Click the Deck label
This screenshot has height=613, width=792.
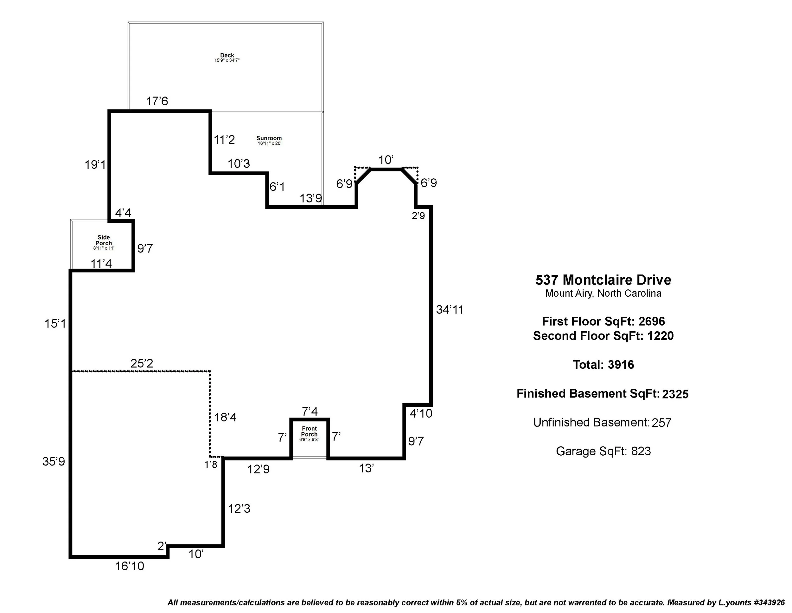(x=227, y=56)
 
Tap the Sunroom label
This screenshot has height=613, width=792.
(x=269, y=138)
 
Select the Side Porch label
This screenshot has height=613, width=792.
(x=103, y=241)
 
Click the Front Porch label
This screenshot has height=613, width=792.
(x=309, y=432)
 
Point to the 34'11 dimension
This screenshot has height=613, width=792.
(x=450, y=310)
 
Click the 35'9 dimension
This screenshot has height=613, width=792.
(x=54, y=462)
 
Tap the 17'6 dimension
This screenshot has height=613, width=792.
(x=157, y=101)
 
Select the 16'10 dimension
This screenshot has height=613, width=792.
(x=130, y=566)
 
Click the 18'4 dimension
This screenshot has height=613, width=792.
(x=225, y=417)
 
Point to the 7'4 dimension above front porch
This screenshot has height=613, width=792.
(x=310, y=412)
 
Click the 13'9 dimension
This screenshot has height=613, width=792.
(x=310, y=198)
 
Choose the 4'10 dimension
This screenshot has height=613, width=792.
(x=421, y=413)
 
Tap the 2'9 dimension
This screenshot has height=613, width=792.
(x=418, y=216)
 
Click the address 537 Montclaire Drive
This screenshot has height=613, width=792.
(x=603, y=280)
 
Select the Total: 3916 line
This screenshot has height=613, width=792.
(x=603, y=365)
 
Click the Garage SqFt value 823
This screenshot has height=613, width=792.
(x=641, y=452)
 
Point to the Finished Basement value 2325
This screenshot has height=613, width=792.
(x=675, y=394)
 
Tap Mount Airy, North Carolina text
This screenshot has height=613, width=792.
(x=603, y=293)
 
